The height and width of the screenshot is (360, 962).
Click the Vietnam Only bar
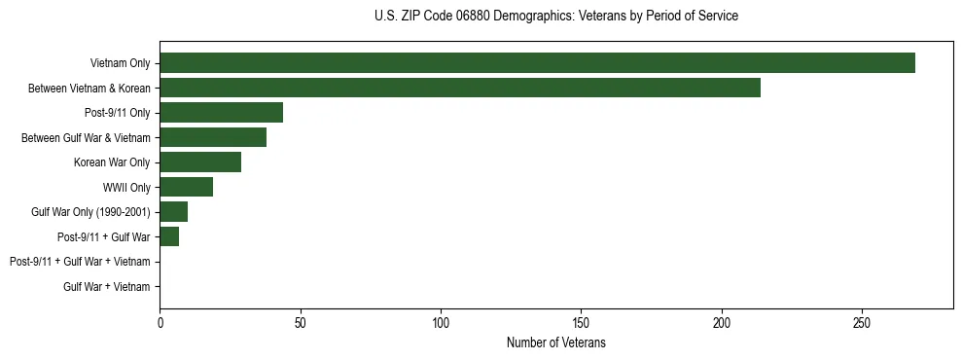point(537,62)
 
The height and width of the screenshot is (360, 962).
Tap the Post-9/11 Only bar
point(221,112)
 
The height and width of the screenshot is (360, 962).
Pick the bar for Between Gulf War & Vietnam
point(213,137)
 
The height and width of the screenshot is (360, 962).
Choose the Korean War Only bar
point(200,162)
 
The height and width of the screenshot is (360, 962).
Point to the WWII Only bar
point(186,187)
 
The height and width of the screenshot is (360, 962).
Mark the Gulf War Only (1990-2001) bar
point(174,211)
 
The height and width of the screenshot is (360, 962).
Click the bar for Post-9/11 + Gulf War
point(169,236)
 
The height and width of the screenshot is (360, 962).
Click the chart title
point(555,17)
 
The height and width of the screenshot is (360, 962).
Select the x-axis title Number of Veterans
point(555,342)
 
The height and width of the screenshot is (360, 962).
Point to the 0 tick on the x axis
point(160,321)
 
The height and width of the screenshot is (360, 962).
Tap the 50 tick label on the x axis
point(301,321)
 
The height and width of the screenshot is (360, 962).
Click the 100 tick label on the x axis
point(441,321)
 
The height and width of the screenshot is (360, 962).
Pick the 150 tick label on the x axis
point(581,321)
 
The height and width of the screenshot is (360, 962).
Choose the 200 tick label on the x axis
point(722,321)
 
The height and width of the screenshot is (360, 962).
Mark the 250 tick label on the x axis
point(862,321)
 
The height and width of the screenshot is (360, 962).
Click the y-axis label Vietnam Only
point(120,63)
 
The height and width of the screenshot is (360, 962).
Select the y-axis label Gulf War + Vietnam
point(106,286)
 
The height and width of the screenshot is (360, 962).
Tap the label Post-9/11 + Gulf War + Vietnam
point(80,262)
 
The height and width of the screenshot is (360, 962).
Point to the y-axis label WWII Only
point(126,187)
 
